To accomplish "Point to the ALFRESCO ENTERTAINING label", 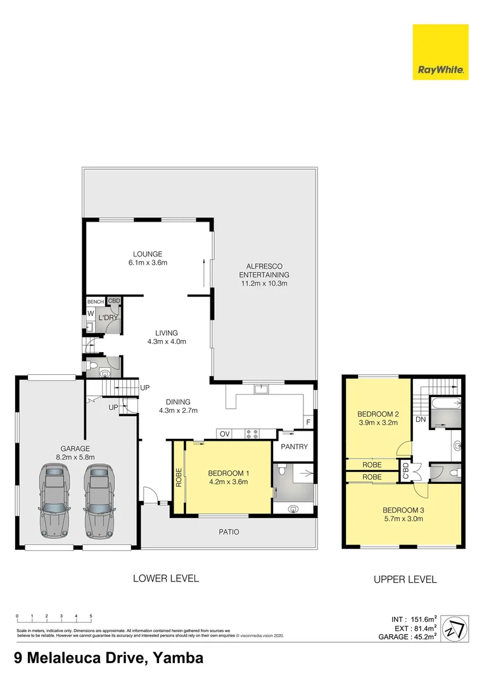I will point(264,275).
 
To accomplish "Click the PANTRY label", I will point(295,446).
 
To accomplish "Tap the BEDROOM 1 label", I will point(227,472).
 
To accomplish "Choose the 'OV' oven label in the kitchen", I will point(224,434).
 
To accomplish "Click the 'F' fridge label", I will point(308,422).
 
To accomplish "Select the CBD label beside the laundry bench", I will point(114,301).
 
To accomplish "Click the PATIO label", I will point(229,532).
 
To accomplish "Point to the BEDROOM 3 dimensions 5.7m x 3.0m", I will point(404,519).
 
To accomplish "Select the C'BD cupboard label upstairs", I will point(404,471).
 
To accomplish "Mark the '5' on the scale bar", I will point(91,616).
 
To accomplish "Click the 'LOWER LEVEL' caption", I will point(165,578).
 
